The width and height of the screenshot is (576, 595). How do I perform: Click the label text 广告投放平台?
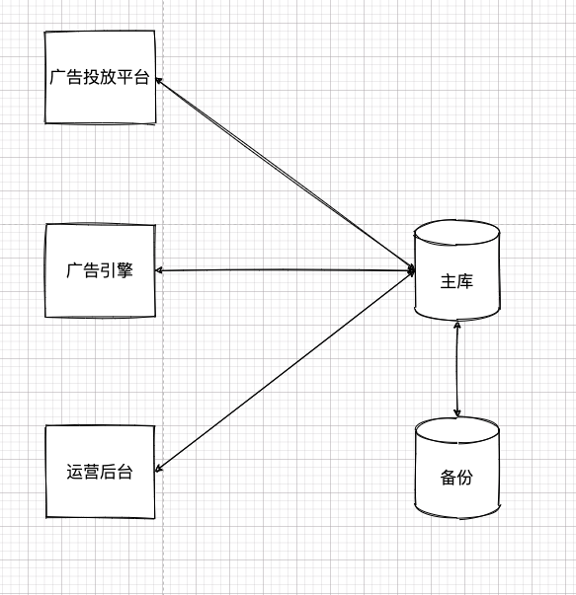(x=100, y=77)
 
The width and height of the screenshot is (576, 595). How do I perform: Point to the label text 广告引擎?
(x=100, y=270)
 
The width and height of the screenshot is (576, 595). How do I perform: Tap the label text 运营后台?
(x=100, y=472)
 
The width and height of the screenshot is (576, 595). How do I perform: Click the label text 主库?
(x=457, y=281)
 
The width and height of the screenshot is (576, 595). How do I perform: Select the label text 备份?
(x=457, y=478)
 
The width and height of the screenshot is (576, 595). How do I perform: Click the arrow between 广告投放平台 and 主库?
(x=285, y=174)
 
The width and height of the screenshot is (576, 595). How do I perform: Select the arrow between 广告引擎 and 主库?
(x=285, y=270)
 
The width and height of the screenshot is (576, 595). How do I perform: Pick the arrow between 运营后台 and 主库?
(x=285, y=371)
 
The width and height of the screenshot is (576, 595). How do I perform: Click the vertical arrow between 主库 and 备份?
(x=457, y=369)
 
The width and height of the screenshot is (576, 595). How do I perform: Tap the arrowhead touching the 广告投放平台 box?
(x=159, y=80)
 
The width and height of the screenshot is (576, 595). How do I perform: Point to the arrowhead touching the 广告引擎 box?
(x=158, y=270)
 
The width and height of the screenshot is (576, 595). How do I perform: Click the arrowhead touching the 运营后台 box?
(x=159, y=469)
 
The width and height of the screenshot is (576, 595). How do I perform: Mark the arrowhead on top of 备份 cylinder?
(x=457, y=412)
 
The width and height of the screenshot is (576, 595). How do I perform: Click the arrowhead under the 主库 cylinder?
(x=457, y=326)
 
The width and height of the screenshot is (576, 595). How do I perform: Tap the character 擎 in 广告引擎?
(x=125, y=270)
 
